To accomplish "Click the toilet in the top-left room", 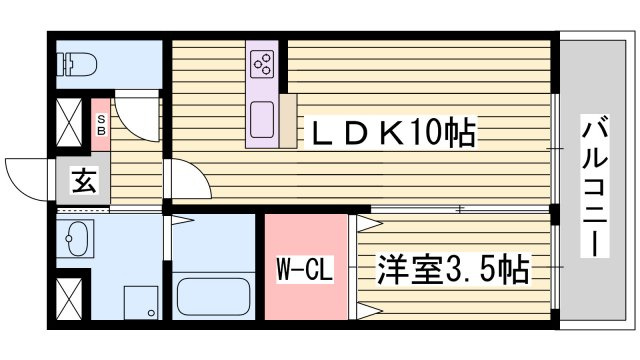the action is (78, 64).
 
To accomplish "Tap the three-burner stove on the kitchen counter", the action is (262, 64).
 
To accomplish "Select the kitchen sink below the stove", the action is (262, 120).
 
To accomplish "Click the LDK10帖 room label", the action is (393, 132).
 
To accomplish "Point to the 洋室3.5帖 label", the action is (453, 269).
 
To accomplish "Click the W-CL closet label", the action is (304, 269).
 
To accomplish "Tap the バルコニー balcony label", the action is (595, 186).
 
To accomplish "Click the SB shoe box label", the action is (101, 125).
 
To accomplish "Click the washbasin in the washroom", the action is (76, 238).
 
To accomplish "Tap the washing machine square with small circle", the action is (141, 302).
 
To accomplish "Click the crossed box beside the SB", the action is (69, 122).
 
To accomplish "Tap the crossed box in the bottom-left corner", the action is (69, 299).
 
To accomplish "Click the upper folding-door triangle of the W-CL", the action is (370, 224).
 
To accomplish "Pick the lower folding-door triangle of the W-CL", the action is (370, 311).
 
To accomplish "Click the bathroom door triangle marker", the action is (182, 220).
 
